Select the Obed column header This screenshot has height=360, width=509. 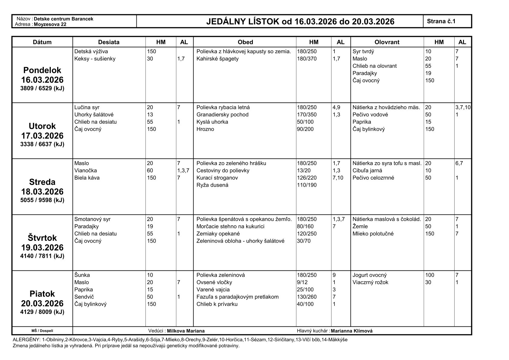245,42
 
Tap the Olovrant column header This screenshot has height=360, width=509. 387,42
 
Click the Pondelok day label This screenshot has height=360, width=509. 42,70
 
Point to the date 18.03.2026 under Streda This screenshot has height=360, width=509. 42,191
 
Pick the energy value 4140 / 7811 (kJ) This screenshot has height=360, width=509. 42,256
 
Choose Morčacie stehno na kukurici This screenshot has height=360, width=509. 230,226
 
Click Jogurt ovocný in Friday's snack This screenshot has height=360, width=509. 370,275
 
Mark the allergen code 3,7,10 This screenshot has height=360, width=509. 463,107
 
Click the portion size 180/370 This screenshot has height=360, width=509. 307,59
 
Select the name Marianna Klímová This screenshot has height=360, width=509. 351,331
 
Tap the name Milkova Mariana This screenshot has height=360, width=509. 186,331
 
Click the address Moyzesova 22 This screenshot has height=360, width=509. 50,25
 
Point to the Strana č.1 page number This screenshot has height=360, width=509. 441,21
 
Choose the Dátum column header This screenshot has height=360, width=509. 42,42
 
